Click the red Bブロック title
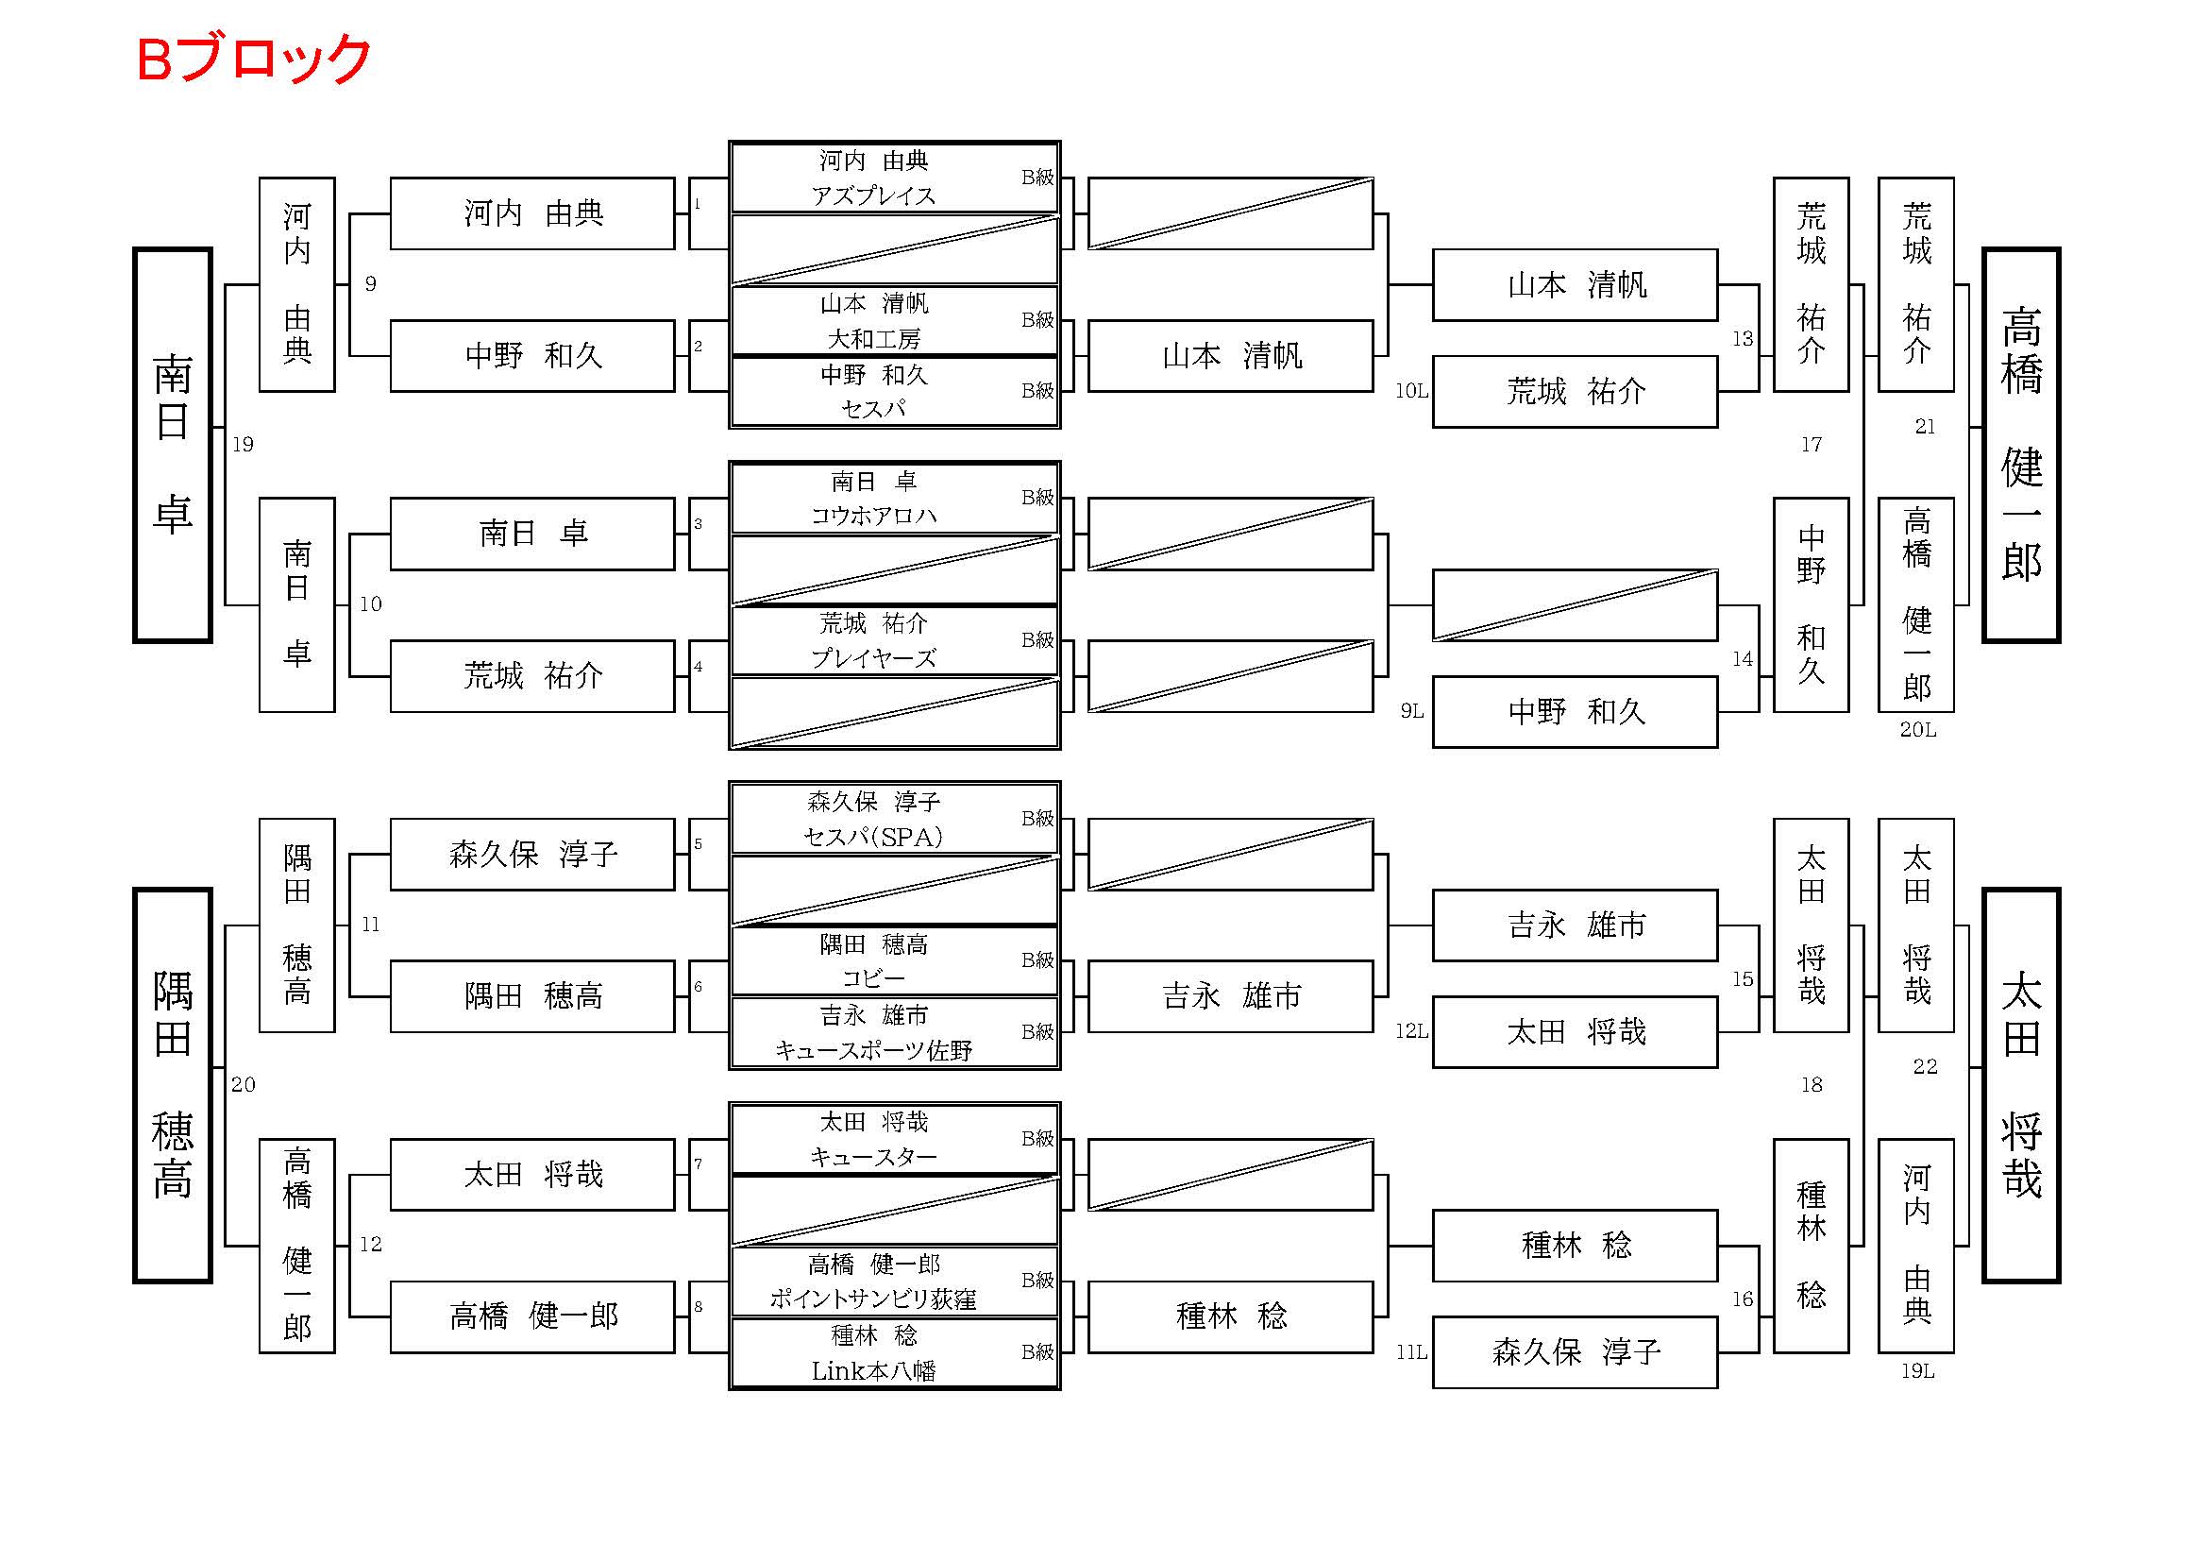pos(254,59)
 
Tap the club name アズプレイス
pos(873,196)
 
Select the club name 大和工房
pos(873,339)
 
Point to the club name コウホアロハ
pos(873,517)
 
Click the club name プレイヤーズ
pos(873,659)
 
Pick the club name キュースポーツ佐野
pos(873,1051)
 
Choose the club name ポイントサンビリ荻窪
pos(873,1299)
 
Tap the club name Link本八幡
pos(873,1370)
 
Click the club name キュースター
pos(873,1157)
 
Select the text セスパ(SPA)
pos(873,838)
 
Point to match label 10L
pos(1410,392)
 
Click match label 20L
pos(1917,730)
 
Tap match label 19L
pos(1917,1371)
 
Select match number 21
pos(1924,427)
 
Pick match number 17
pos(1811,445)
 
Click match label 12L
pos(1410,1032)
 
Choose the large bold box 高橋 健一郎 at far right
pos(2020,446)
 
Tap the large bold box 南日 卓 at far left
pos(172,446)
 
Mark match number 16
pos(1743,1299)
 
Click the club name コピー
pos(873,979)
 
